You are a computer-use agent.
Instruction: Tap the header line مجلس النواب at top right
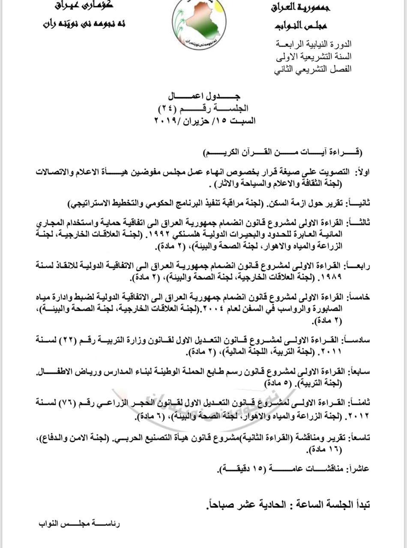pos(301,26)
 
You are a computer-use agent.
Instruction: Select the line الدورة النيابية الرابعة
pos(314,44)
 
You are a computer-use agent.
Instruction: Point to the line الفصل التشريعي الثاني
pos(313,69)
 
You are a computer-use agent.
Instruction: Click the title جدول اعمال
pos(205,96)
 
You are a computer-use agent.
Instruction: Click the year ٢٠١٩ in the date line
pos(167,121)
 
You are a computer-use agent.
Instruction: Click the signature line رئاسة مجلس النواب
pos(80,524)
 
